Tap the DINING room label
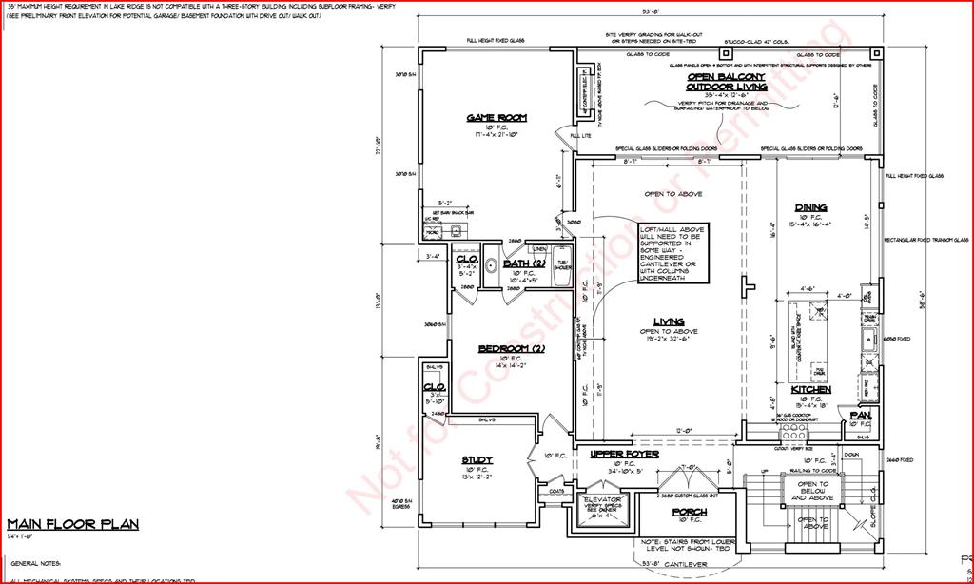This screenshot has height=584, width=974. pos(810,207)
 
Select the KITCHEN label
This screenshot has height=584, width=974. pos(811,390)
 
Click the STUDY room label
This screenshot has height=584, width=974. pos(477,460)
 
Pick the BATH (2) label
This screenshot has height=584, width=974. pos(523,263)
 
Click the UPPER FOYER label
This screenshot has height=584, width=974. pos(624,454)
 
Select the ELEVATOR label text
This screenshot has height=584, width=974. pos(602,499)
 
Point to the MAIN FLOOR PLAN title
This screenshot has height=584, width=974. pos(73,524)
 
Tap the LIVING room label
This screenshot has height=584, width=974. pos(668,321)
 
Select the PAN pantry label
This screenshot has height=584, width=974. pos(861,416)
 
